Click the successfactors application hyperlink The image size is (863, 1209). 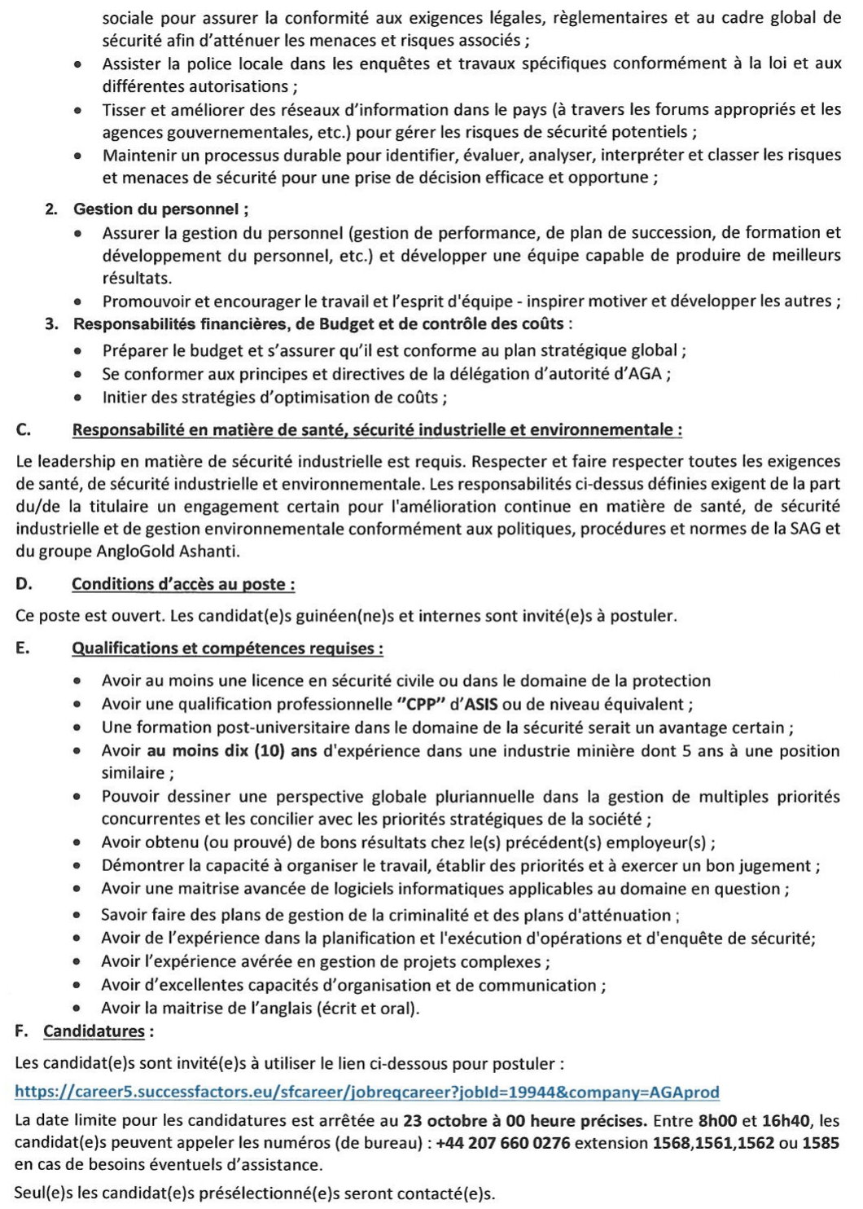click(366, 1092)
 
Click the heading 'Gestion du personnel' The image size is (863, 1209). click(160, 209)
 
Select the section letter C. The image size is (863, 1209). click(23, 430)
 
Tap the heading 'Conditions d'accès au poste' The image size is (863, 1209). click(182, 584)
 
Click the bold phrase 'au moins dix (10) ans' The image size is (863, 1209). click(232, 751)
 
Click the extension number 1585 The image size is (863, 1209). click(820, 1143)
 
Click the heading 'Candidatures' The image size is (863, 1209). click(94, 1031)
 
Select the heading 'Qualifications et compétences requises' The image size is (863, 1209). click(227, 648)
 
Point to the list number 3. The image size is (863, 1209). click(51, 324)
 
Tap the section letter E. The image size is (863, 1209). click(22, 648)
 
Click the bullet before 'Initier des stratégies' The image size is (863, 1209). click(77, 398)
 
